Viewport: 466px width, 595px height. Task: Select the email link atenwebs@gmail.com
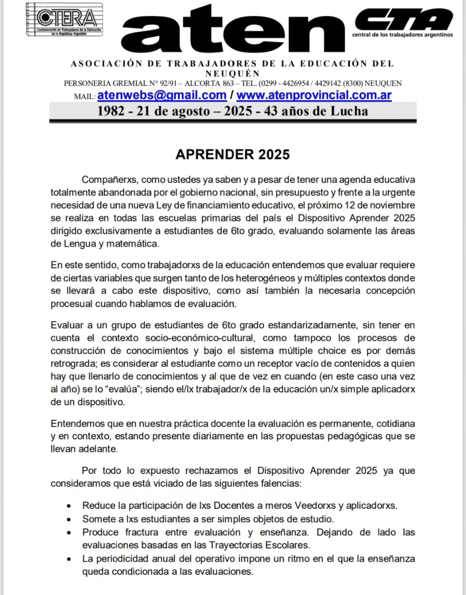pos(162,95)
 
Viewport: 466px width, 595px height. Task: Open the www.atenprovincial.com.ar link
pos(314,95)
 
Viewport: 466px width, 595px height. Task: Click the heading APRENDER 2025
pos(232,155)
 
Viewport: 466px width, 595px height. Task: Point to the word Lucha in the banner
pos(349,111)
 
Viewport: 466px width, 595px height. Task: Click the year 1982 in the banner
pos(111,111)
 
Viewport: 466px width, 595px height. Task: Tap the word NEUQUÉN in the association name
pos(232,73)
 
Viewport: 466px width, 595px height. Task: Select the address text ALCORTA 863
pos(209,83)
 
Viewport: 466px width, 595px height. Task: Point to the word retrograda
pos(73,363)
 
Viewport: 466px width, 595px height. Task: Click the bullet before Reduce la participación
pos(69,506)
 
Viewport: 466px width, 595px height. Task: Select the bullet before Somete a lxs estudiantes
pos(69,520)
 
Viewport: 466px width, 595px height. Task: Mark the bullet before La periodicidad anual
pos(69,559)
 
